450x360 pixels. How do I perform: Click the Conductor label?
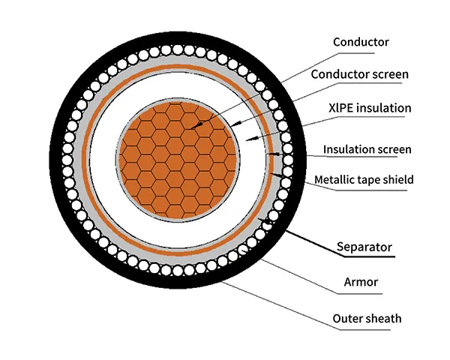[x=360, y=41]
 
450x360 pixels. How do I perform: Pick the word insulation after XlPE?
[x=385, y=108]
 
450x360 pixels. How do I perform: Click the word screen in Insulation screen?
[x=394, y=149]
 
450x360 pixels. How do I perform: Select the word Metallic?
[x=335, y=179]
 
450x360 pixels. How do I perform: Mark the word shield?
[x=398, y=179]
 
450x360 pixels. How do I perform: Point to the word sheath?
[x=383, y=319]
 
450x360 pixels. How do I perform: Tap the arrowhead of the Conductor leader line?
[x=190, y=128]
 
